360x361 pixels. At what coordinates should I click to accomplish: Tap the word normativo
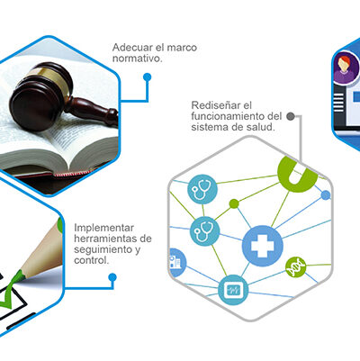pyautogui.click(x=138, y=59)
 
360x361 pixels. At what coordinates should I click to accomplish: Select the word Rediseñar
pyautogui.click(x=216, y=105)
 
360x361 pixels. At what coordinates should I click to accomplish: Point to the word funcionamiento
pyautogui.click(x=228, y=116)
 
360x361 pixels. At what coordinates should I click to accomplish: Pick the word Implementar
pyautogui.click(x=103, y=228)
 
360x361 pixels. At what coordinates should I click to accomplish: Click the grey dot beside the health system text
pyautogui.click(x=290, y=116)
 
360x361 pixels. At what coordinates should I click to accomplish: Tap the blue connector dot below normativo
pyautogui.click(x=147, y=77)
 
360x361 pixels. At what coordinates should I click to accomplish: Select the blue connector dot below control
pyautogui.click(x=112, y=277)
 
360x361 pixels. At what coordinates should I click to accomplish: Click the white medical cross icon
pyautogui.click(x=263, y=246)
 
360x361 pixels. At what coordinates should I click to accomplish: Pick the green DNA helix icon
pyautogui.click(x=295, y=267)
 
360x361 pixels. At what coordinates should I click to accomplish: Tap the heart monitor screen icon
pyautogui.click(x=233, y=290)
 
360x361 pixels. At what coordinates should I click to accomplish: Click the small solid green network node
pyautogui.click(x=234, y=203)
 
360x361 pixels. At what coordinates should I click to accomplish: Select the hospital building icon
pyautogui.click(x=175, y=262)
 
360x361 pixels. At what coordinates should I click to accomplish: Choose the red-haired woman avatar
pyautogui.click(x=345, y=68)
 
